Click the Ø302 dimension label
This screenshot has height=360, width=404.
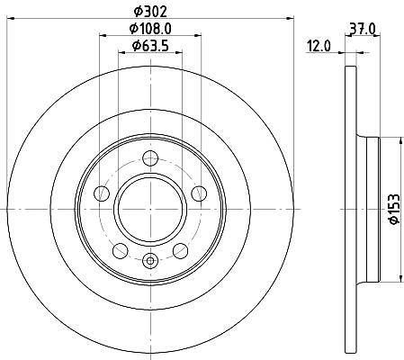click(x=150, y=12)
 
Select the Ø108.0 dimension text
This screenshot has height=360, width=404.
click(x=150, y=29)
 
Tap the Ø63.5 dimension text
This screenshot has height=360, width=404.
click(x=150, y=46)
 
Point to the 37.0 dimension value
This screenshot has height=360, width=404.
click(x=363, y=29)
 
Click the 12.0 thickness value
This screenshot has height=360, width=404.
click(x=319, y=47)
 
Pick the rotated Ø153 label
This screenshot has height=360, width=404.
click(x=394, y=209)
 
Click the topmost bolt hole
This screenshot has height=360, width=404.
click(x=150, y=158)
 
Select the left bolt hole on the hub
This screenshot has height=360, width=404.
click(x=102, y=193)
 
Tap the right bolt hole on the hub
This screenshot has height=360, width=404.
click(x=199, y=193)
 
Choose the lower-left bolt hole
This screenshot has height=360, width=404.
click(x=121, y=251)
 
